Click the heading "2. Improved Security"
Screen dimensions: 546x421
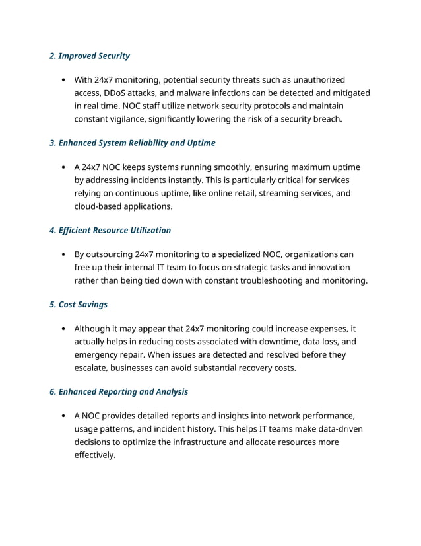90,56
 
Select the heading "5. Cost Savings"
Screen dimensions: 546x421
79,304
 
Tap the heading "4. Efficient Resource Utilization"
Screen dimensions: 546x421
110,230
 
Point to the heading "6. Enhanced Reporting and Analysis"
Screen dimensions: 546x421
119,391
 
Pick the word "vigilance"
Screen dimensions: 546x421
133,119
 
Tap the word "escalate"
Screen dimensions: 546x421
92,368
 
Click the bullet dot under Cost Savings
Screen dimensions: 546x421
62,329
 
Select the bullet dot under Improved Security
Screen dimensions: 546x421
62,80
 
